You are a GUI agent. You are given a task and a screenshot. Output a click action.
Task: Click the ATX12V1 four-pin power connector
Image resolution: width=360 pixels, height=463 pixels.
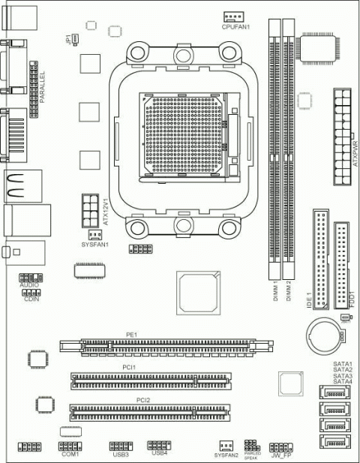tap(90, 209)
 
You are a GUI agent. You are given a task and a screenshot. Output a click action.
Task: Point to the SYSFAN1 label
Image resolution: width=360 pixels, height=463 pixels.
tap(95, 245)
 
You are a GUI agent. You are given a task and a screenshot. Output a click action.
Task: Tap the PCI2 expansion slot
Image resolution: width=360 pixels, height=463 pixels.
tap(151, 412)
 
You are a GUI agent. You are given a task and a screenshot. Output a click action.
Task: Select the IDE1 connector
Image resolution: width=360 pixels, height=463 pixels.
tap(321, 259)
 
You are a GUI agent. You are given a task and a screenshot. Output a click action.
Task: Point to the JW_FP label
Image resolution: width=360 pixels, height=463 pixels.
tap(281, 455)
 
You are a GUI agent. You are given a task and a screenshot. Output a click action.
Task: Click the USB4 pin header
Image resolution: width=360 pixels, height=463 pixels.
tap(159, 444)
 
